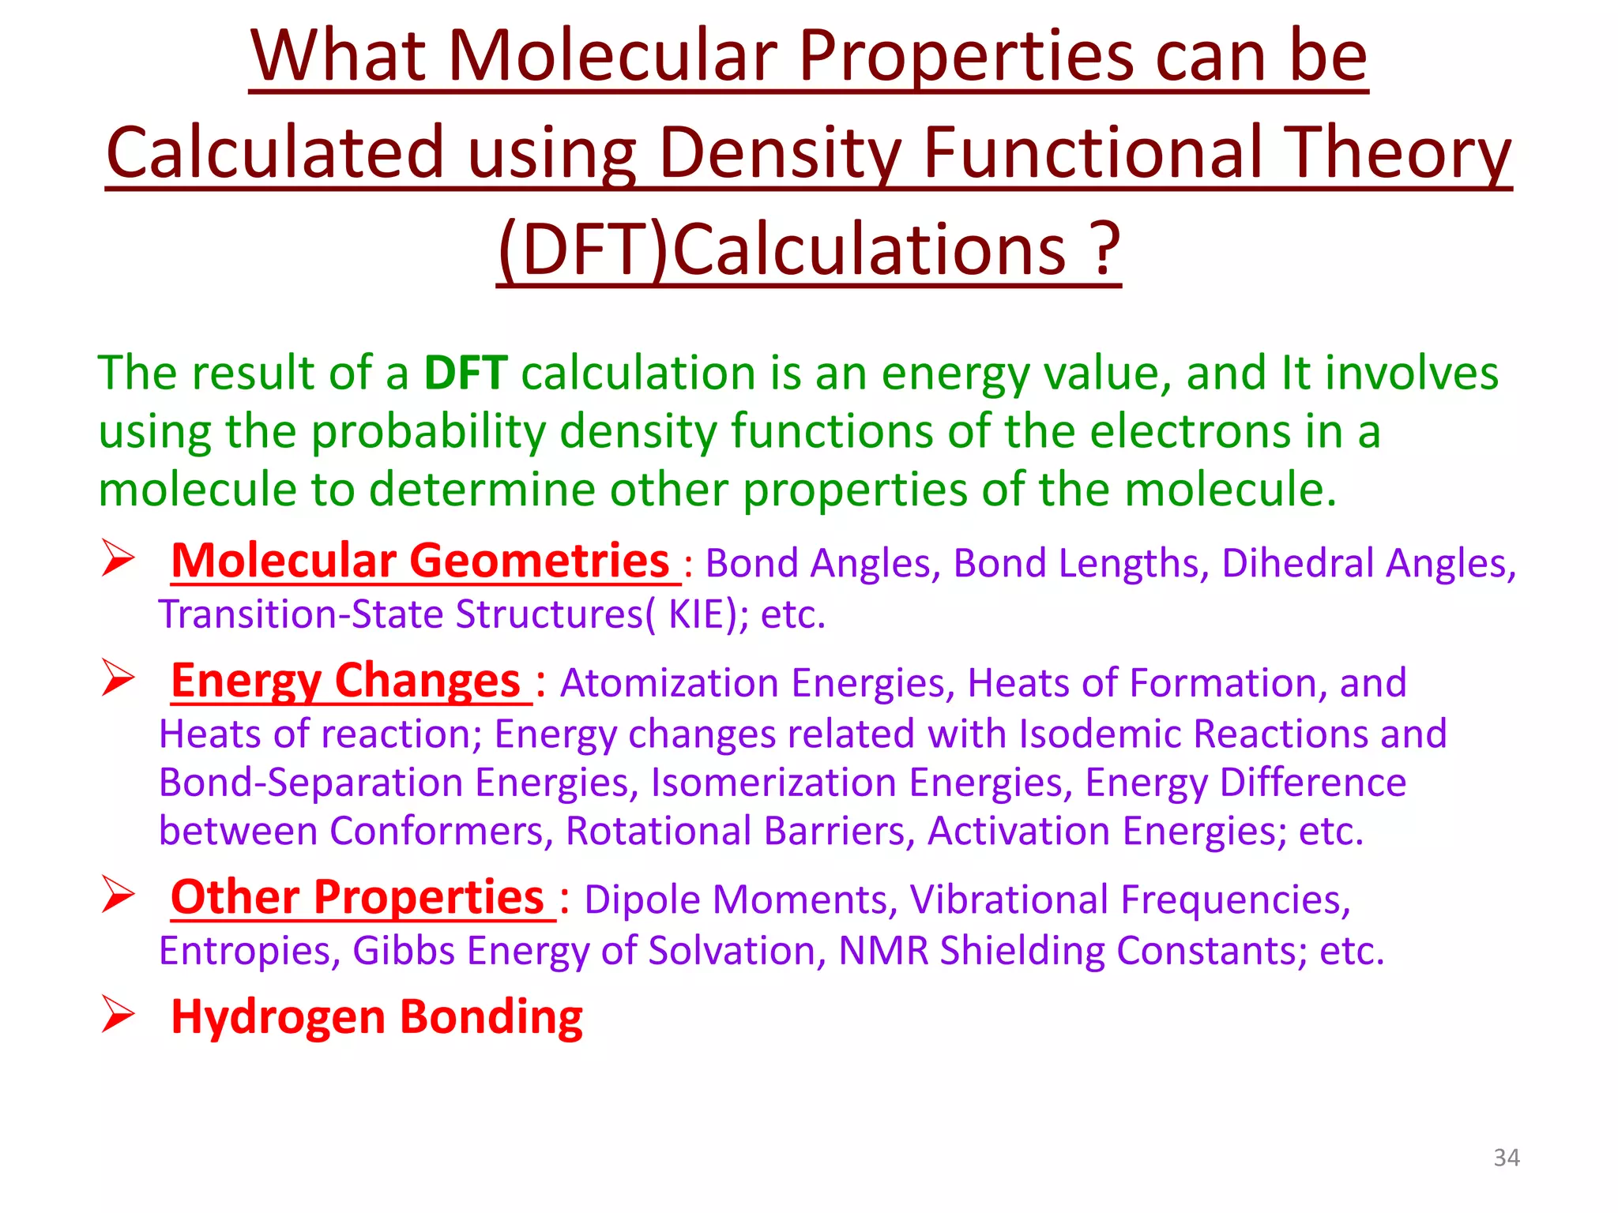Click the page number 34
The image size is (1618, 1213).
tap(1506, 1157)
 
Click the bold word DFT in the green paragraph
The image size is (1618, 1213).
tap(465, 373)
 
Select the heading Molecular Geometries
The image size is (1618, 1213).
tap(420, 561)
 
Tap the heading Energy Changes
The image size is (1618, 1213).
tap(346, 681)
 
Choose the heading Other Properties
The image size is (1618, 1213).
tap(358, 898)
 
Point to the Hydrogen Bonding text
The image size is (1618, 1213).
tap(377, 1016)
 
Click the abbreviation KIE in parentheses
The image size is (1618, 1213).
tap(696, 614)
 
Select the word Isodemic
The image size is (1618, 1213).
tap(1101, 734)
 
